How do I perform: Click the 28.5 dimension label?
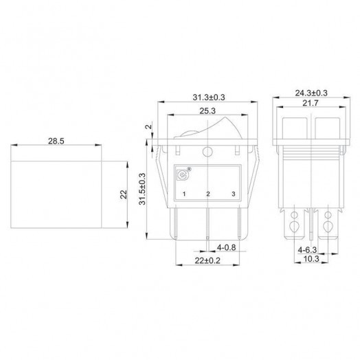(x=56, y=141)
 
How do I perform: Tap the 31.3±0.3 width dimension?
(x=209, y=98)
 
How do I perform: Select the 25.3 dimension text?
(x=207, y=111)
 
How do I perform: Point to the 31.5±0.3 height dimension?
(x=142, y=189)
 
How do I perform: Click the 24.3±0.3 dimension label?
(x=311, y=93)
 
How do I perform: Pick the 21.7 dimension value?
(x=311, y=103)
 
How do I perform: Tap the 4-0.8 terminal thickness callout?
(x=227, y=247)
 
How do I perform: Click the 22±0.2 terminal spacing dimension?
(x=207, y=260)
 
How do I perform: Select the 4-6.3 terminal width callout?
(x=307, y=249)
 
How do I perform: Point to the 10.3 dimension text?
(x=311, y=259)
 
